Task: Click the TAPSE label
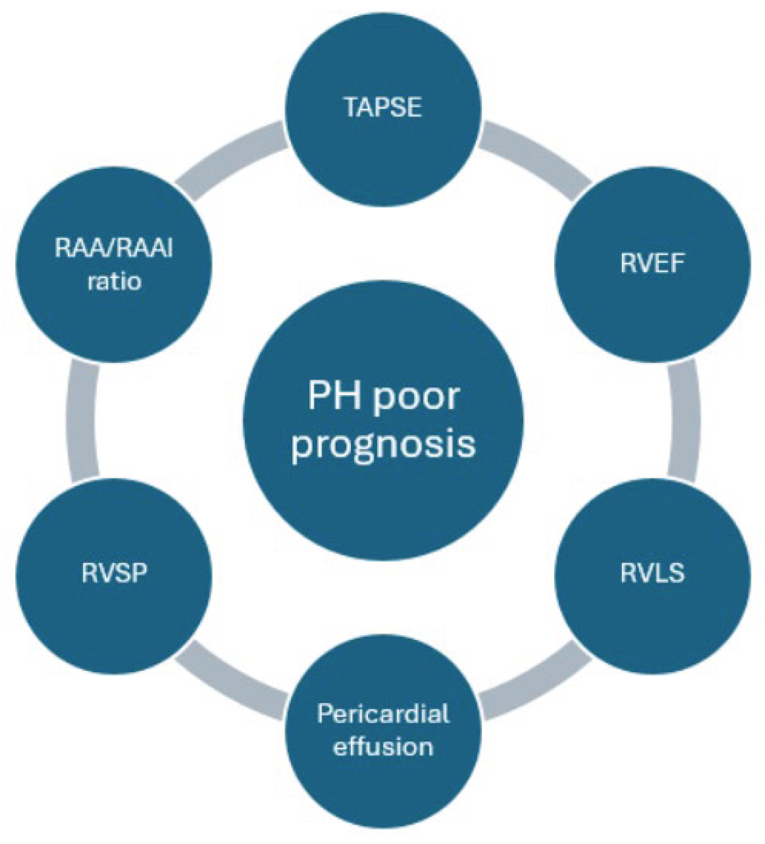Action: tap(383, 107)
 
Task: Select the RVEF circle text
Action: tap(652, 263)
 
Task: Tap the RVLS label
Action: tap(652, 573)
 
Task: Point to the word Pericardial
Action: tap(383, 714)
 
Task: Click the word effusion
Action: tap(383, 746)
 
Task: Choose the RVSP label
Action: tap(114, 573)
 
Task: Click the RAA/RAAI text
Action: tap(114, 248)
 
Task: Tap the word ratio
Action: tap(114, 281)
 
